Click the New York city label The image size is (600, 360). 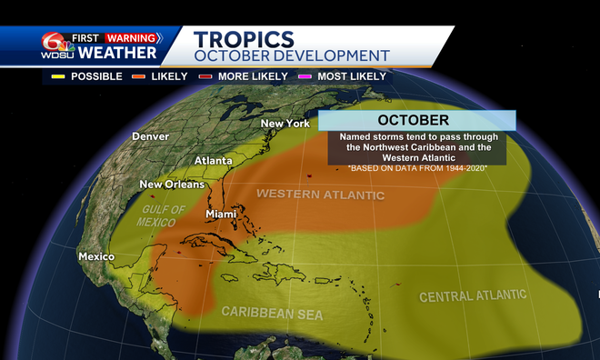pyautogui.click(x=285, y=124)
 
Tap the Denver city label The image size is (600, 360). pyautogui.click(x=150, y=136)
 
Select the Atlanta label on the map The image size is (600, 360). pyautogui.click(x=213, y=161)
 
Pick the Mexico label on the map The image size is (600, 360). pyautogui.click(x=96, y=256)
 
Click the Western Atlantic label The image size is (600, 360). pyautogui.click(x=320, y=194)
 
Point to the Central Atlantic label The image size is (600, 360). pyautogui.click(x=472, y=296)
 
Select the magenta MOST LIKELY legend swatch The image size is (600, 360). pyautogui.click(x=307, y=76)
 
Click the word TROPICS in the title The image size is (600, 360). pyautogui.click(x=245, y=39)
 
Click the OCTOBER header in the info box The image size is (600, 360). pyautogui.click(x=414, y=120)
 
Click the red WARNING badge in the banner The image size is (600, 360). pyautogui.click(x=130, y=38)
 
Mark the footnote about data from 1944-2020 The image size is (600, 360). pyautogui.click(x=419, y=168)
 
